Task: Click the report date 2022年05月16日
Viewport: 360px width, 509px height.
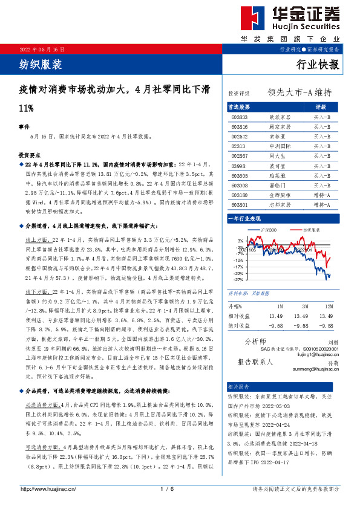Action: [42, 48]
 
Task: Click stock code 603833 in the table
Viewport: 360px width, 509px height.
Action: [240, 117]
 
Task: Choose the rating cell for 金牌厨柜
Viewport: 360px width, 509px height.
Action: [322, 196]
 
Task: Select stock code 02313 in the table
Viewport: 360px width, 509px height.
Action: [238, 146]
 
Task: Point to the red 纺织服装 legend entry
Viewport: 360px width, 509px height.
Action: [311, 230]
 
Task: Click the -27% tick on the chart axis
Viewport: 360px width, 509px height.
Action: [239, 280]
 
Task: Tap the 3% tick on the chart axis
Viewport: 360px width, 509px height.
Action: [241, 240]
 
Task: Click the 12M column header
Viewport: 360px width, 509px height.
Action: [327, 306]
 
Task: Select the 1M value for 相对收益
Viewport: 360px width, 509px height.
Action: [275, 316]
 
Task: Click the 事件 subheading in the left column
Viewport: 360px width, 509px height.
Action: [25, 128]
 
